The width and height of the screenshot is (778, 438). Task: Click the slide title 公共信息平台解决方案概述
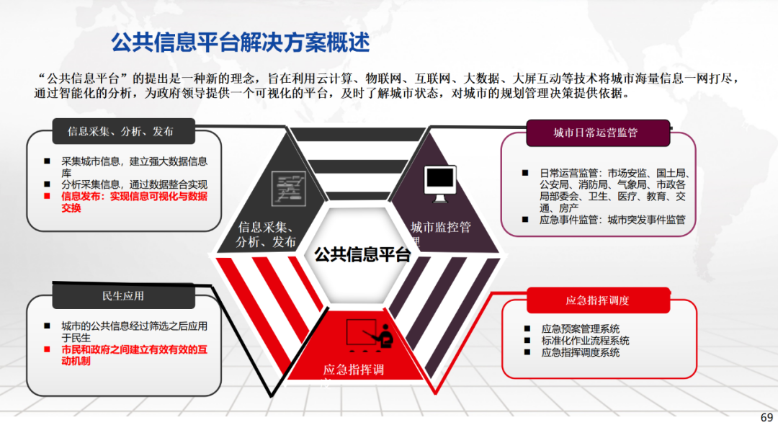(240, 43)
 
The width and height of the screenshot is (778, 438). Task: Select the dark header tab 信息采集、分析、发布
(120, 132)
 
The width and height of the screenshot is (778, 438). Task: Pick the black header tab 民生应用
(123, 295)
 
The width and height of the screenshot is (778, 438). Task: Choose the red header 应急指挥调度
(597, 300)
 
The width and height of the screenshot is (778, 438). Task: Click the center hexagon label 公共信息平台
(362, 254)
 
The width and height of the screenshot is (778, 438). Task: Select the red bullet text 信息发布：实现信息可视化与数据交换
(134, 202)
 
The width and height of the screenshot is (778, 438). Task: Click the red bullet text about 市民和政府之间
(134, 355)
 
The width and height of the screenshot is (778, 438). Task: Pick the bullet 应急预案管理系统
(580, 328)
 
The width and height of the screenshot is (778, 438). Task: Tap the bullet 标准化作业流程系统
(585, 341)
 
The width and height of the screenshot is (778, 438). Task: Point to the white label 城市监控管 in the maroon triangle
(441, 228)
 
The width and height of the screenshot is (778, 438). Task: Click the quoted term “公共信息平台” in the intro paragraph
(84, 78)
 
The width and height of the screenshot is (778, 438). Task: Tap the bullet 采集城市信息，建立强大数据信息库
(134, 167)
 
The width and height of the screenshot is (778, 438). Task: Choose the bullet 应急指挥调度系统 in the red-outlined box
(580, 353)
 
